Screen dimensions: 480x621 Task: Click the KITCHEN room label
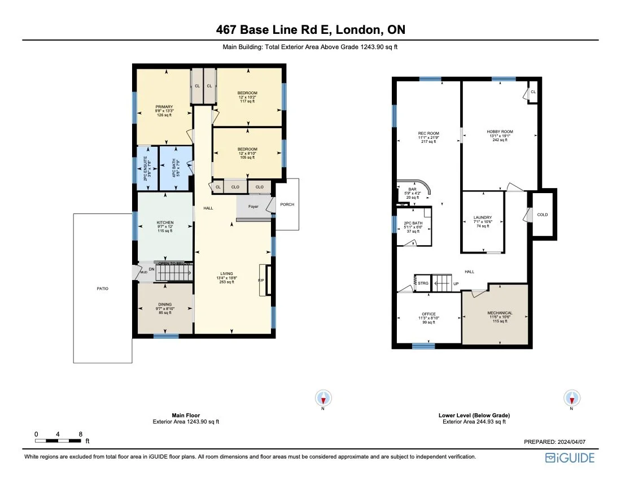click(165, 222)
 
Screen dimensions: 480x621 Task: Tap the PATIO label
click(102, 289)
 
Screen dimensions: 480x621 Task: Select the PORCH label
click(287, 204)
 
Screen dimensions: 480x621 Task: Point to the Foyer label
click(253, 207)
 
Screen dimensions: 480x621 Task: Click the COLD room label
click(542, 215)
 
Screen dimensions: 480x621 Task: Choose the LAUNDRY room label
click(483, 217)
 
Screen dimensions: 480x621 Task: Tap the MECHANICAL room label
click(500, 313)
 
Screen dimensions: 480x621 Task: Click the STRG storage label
click(423, 283)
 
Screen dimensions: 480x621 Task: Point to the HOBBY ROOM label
click(500, 132)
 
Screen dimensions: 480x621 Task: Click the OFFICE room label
click(428, 314)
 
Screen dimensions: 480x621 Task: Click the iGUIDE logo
click(570, 457)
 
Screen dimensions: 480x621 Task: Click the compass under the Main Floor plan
click(323, 398)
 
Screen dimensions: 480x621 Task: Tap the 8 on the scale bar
click(81, 434)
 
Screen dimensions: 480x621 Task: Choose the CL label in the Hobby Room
click(533, 91)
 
